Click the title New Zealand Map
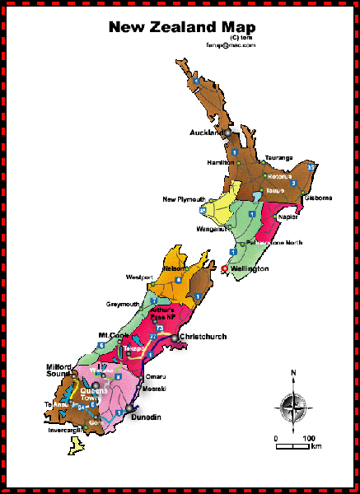(182, 26)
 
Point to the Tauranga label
(279, 157)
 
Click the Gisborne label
(318, 198)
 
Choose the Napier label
(288, 217)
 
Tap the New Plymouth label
(184, 199)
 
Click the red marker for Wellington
(225, 269)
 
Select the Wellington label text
(249, 269)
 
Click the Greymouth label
(123, 304)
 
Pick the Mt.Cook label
(114, 336)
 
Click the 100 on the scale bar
(310, 437)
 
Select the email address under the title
(230, 44)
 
